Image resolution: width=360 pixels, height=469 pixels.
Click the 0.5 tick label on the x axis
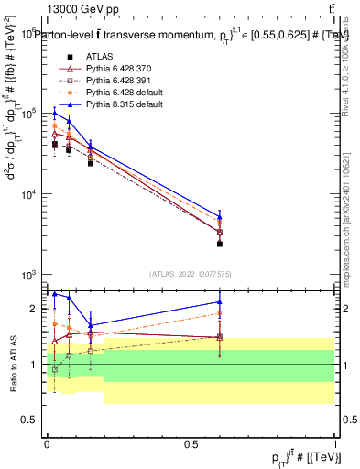(191, 442)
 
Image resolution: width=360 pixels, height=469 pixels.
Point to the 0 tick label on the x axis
(47, 442)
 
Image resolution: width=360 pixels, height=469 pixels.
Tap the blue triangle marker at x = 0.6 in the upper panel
(220, 218)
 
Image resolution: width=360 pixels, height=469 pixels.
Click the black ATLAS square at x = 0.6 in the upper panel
(220, 244)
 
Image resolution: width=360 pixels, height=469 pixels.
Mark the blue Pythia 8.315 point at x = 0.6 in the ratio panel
(220, 301)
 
